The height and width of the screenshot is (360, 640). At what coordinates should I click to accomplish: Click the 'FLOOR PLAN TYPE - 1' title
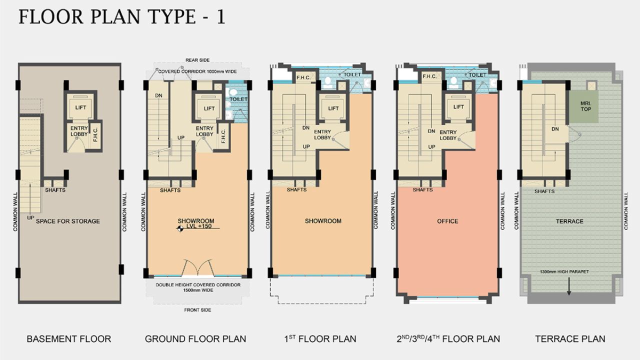(121, 16)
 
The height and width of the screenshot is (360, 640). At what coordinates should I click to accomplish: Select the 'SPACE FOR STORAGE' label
(68, 221)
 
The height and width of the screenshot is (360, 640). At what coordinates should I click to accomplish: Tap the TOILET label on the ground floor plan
(238, 99)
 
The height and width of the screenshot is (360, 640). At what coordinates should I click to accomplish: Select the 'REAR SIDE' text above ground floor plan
(196, 60)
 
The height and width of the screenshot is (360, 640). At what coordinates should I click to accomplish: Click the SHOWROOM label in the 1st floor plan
(323, 221)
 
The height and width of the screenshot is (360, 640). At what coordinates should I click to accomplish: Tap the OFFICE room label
(447, 221)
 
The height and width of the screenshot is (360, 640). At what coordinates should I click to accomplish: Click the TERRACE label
(569, 221)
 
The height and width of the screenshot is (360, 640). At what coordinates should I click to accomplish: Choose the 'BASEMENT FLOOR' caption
(69, 339)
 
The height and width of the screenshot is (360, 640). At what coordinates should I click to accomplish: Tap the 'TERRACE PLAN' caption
(570, 339)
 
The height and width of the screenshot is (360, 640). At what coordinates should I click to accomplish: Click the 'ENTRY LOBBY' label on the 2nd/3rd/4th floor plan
(448, 135)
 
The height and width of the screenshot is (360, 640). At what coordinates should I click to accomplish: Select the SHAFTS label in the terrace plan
(544, 191)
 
